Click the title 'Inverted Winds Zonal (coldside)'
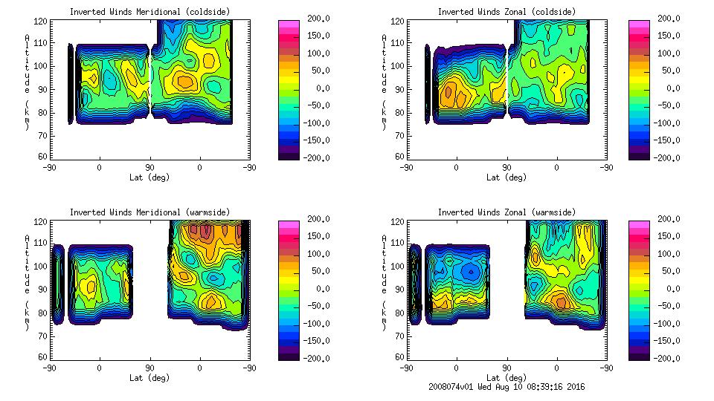[x=506, y=12]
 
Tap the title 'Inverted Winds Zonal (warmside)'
[x=506, y=212]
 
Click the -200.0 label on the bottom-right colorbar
[x=666, y=359]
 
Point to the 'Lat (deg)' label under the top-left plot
[x=149, y=177]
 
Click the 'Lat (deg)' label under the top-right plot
[x=506, y=177]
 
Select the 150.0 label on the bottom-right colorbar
[x=666, y=236]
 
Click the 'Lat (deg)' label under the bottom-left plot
[x=149, y=378]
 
